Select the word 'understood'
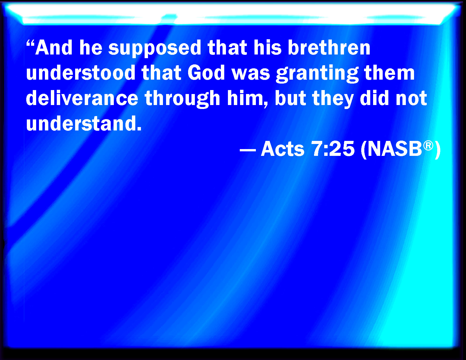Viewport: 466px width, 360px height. (81, 73)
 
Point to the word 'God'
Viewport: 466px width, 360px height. (206, 73)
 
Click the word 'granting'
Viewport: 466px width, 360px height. (317, 74)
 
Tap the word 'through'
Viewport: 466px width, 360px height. (182, 99)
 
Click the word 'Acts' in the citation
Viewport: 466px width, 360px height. (283, 149)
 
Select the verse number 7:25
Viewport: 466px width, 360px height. (333, 149)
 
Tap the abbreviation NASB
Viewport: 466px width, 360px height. (395, 149)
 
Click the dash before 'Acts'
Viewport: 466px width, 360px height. (248, 150)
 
